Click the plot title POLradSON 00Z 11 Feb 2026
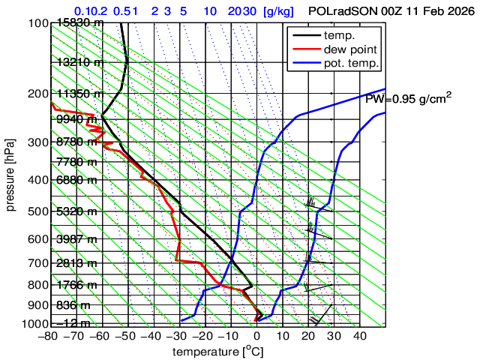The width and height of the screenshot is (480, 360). [x=391, y=12]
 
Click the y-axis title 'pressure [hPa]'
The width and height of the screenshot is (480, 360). [x=11, y=174]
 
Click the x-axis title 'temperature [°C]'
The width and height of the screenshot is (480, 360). [x=217, y=352]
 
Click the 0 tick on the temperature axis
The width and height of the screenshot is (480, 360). [x=256, y=336]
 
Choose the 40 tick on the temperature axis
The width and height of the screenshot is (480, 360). [x=359, y=336]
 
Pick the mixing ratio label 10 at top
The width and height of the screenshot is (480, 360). [x=210, y=12]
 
